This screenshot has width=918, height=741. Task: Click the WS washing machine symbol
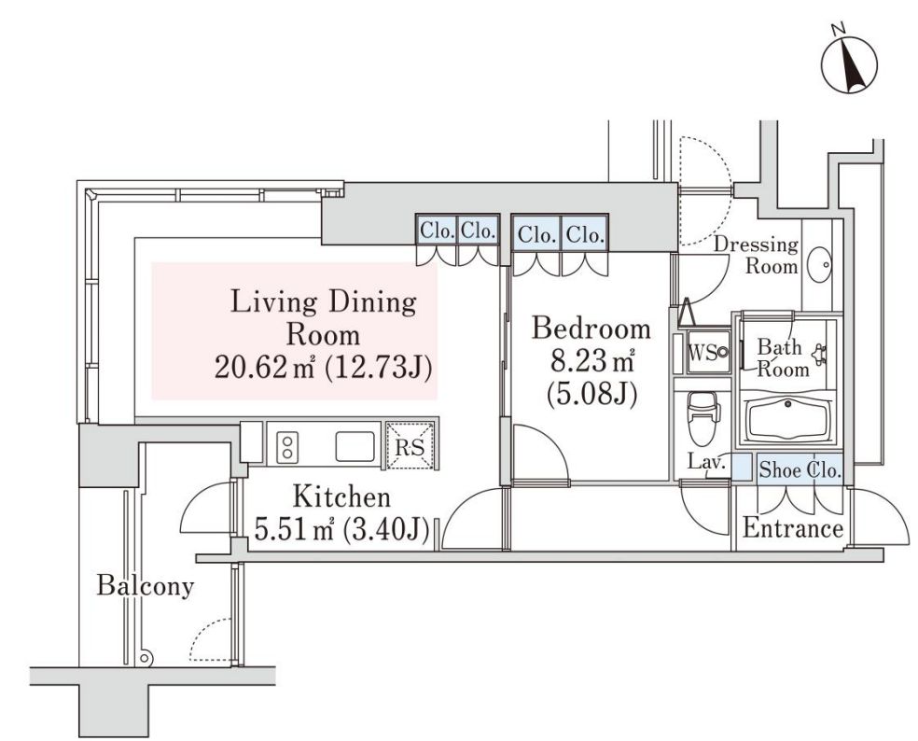click(x=707, y=353)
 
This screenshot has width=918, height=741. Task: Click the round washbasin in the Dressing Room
click(x=822, y=265)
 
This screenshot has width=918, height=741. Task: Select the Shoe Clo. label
click(x=800, y=469)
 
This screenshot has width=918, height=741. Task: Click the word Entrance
click(x=792, y=529)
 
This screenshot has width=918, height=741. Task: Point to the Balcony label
click(x=146, y=586)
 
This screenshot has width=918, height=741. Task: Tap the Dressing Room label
click(x=757, y=255)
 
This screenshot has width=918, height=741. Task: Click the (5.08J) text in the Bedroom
click(x=591, y=393)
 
